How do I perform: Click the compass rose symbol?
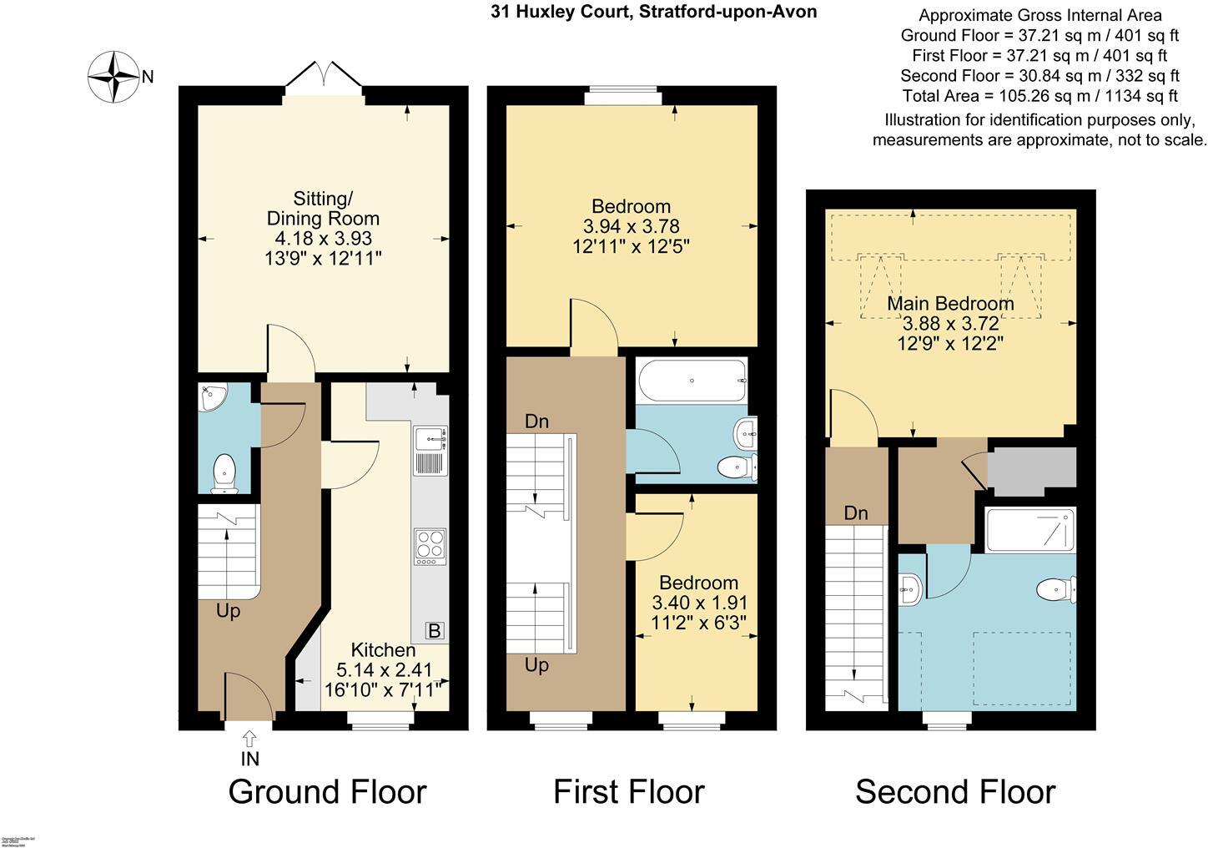113,77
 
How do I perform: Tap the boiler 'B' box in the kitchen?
434,631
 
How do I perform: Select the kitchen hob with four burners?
430,547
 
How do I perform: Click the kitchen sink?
430,437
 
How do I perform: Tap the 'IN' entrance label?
250,759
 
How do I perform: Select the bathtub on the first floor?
692,381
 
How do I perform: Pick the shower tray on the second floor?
1030,530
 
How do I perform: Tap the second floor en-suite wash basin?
910,590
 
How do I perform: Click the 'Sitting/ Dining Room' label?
323,209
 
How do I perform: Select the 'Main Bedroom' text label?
950,304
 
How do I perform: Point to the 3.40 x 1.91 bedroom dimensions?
699,603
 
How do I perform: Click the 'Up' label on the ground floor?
228,611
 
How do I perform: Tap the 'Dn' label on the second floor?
856,513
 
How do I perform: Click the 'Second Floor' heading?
955,792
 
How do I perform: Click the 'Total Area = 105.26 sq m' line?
1039,96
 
